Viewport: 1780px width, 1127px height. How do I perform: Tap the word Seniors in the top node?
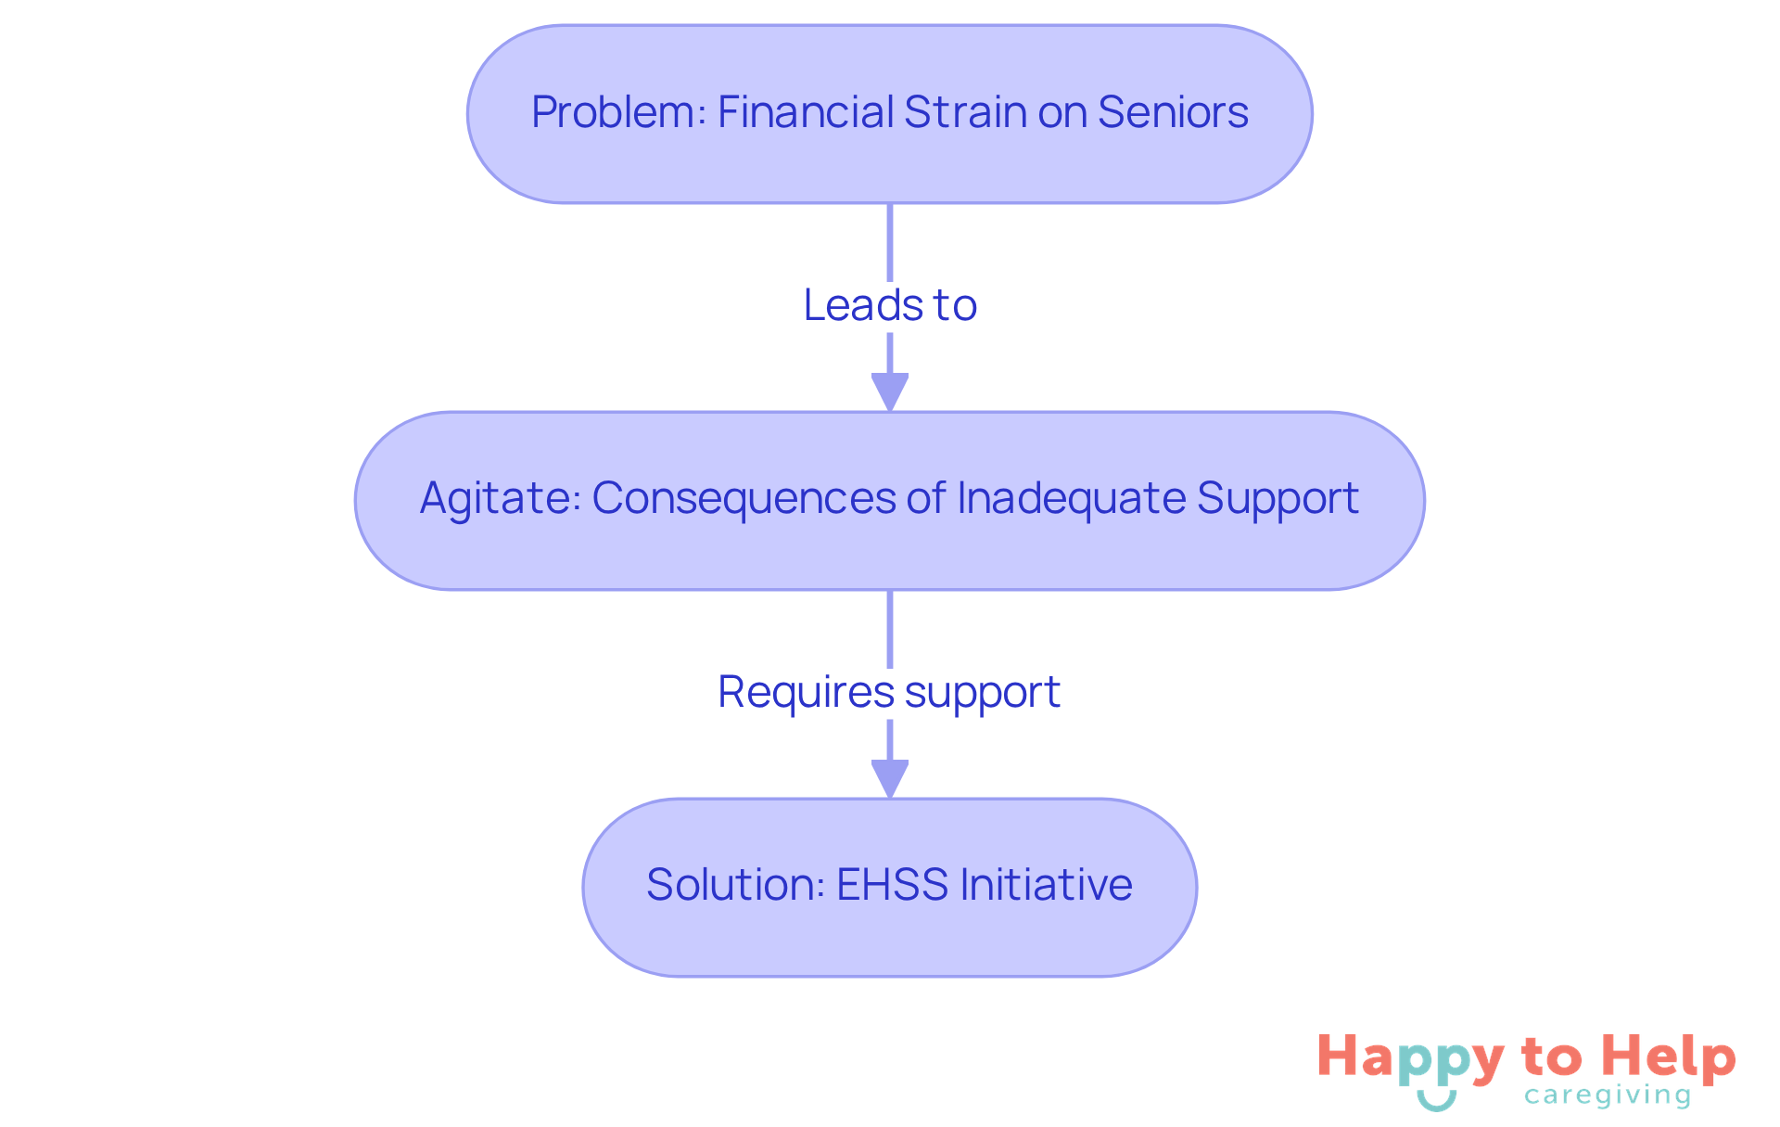1173,113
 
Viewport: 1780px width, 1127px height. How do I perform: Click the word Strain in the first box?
965,113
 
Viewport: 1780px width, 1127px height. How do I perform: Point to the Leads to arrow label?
890,305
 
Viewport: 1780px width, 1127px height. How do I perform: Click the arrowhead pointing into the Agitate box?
890,391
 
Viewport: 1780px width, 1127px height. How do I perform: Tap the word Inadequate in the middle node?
1071,499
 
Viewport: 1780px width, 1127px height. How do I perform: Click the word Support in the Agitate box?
1278,499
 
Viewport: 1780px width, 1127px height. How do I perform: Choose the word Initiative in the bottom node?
1046,885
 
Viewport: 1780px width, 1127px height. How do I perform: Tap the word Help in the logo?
1670,1057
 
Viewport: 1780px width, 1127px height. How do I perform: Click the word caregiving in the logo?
1608,1096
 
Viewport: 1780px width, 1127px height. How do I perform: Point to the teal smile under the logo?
1436,1101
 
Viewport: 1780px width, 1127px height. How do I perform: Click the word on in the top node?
1062,113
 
